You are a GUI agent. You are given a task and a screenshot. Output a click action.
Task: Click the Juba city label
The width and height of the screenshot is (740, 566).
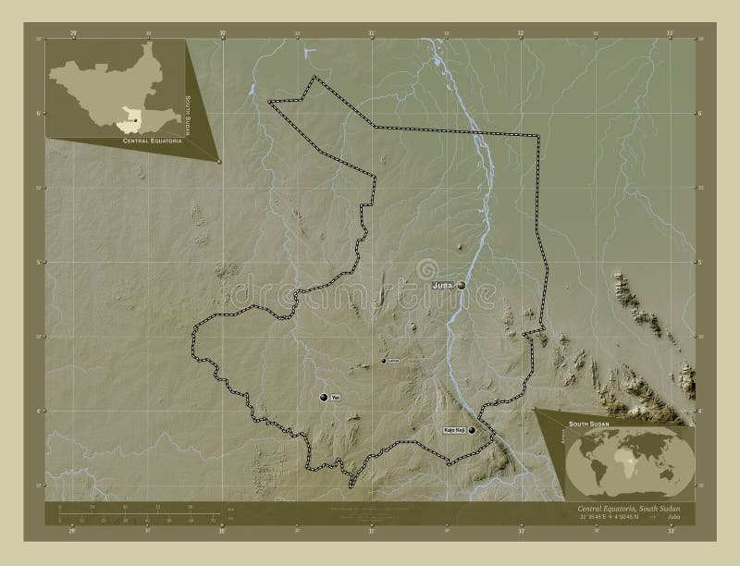tap(442, 287)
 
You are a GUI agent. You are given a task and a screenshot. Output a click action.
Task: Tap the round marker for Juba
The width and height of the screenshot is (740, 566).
tap(461, 287)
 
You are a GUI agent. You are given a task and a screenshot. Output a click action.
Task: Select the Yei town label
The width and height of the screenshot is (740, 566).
tap(336, 398)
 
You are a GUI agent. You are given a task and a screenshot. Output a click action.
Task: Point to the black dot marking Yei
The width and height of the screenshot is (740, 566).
tap(324, 398)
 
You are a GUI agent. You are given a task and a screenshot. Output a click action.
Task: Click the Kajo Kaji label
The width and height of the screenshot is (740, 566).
tap(453, 430)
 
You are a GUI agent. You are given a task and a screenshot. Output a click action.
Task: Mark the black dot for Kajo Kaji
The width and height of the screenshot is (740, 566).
tap(472, 430)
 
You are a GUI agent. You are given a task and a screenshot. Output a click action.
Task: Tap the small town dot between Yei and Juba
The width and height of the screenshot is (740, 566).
tap(384, 361)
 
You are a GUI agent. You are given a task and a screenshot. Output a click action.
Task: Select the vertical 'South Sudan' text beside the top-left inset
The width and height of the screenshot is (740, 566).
tap(189, 115)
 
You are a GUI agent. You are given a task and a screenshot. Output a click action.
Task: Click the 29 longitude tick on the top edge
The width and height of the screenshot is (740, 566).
tap(73, 34)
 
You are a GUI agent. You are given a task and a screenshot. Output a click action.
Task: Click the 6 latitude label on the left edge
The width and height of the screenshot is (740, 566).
tap(37, 113)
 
